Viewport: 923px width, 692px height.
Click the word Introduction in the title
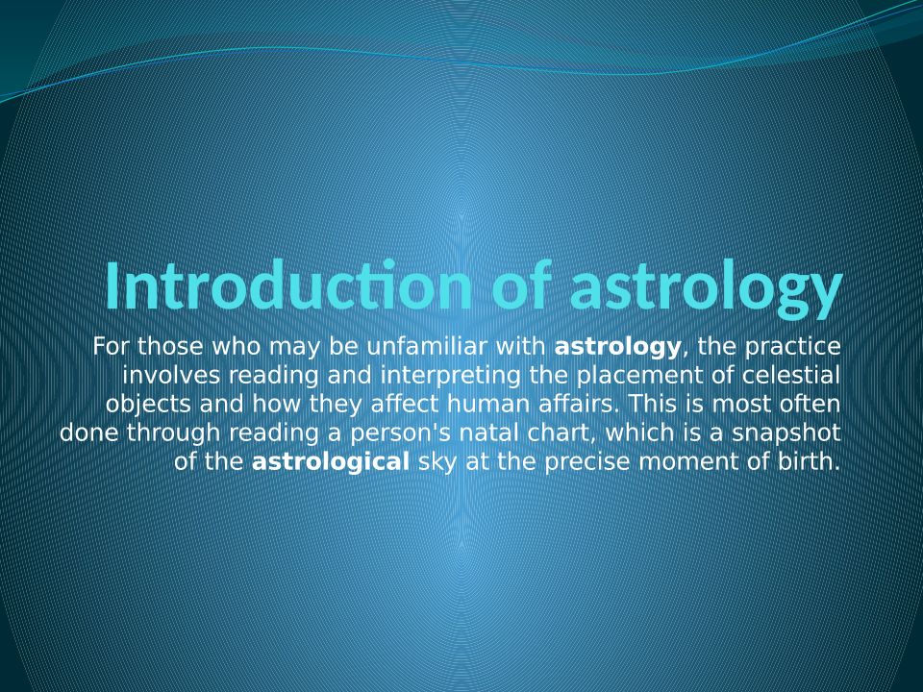pos(288,286)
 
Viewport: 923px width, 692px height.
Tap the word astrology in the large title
pos(705,290)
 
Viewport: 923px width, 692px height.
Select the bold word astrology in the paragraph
pos(617,347)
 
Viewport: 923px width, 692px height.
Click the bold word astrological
pos(330,461)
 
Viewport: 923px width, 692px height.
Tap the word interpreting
pos(450,376)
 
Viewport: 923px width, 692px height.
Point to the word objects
pos(148,405)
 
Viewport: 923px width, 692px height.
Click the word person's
pos(400,433)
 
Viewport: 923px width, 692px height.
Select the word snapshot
pos(786,433)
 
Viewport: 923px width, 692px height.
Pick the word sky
pos(437,462)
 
